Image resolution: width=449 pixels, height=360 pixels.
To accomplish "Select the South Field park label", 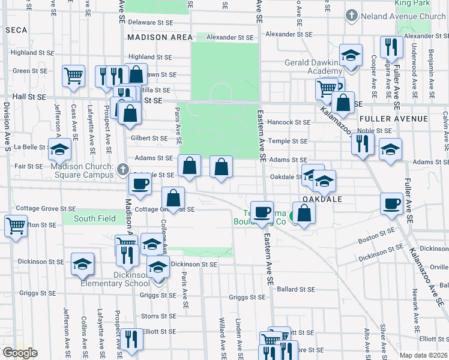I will click(94, 218).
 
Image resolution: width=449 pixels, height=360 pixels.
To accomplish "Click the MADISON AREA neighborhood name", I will click(160, 37).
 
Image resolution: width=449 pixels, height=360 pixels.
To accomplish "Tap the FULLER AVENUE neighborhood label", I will click(393, 119).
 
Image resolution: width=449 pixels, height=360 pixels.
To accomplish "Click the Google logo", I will click(20, 353).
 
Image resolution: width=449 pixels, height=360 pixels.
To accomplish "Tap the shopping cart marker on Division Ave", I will click(15, 226).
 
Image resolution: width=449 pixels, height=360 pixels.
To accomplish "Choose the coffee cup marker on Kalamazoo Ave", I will click(391, 203).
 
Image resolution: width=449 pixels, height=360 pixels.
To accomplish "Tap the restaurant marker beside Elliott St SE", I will click(131, 339).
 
